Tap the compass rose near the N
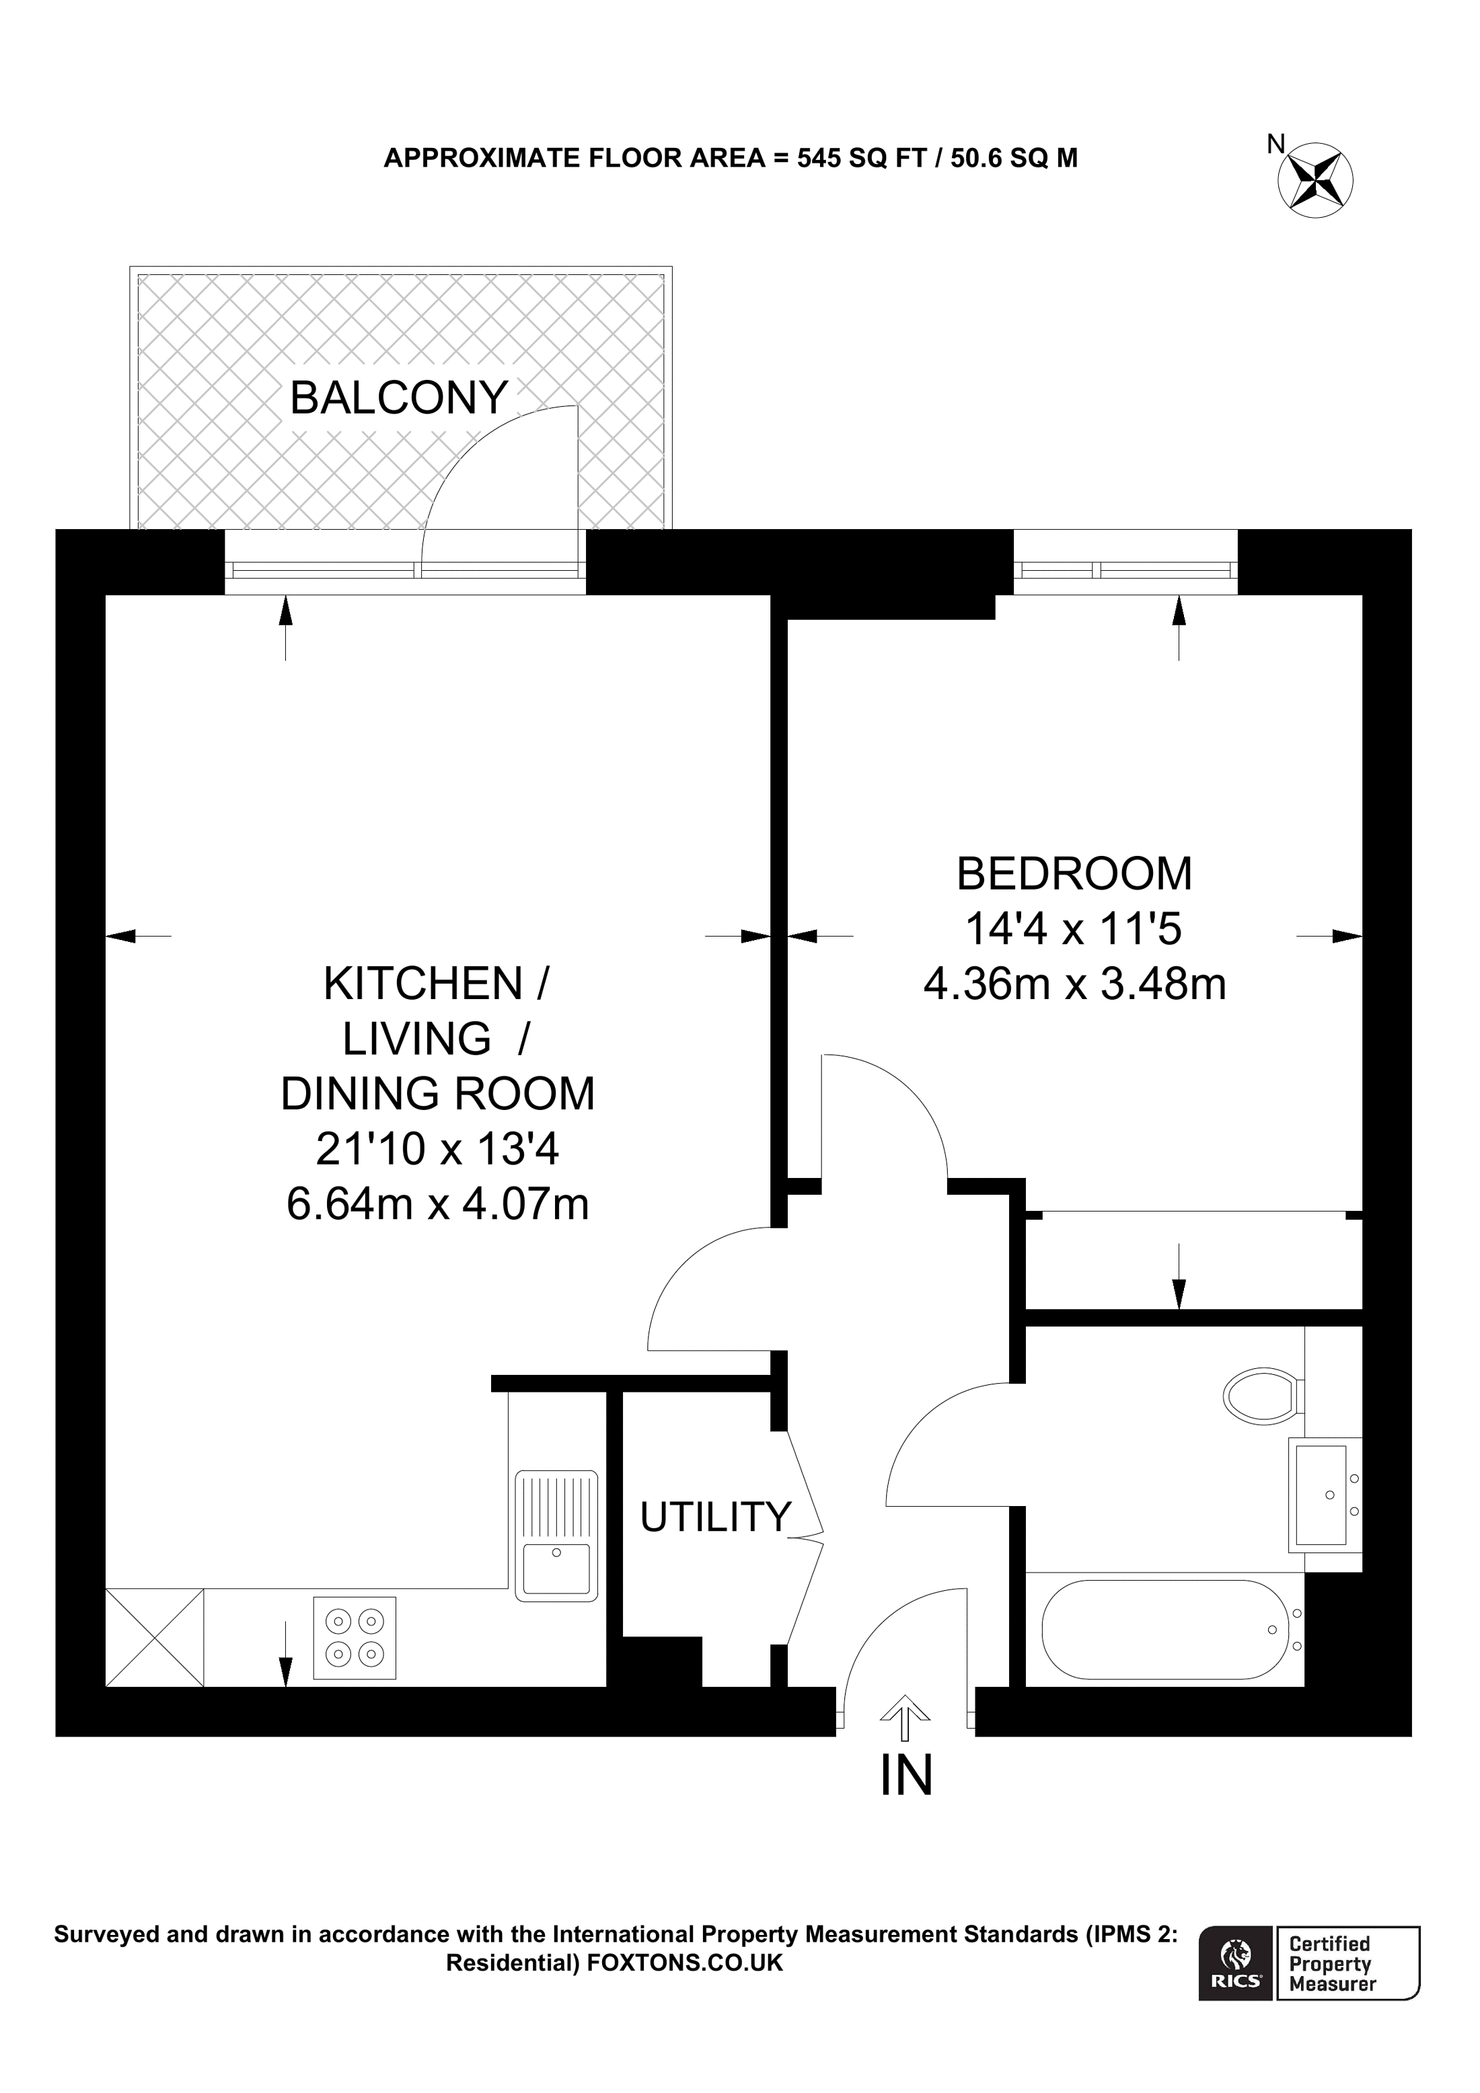pos(1315,180)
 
